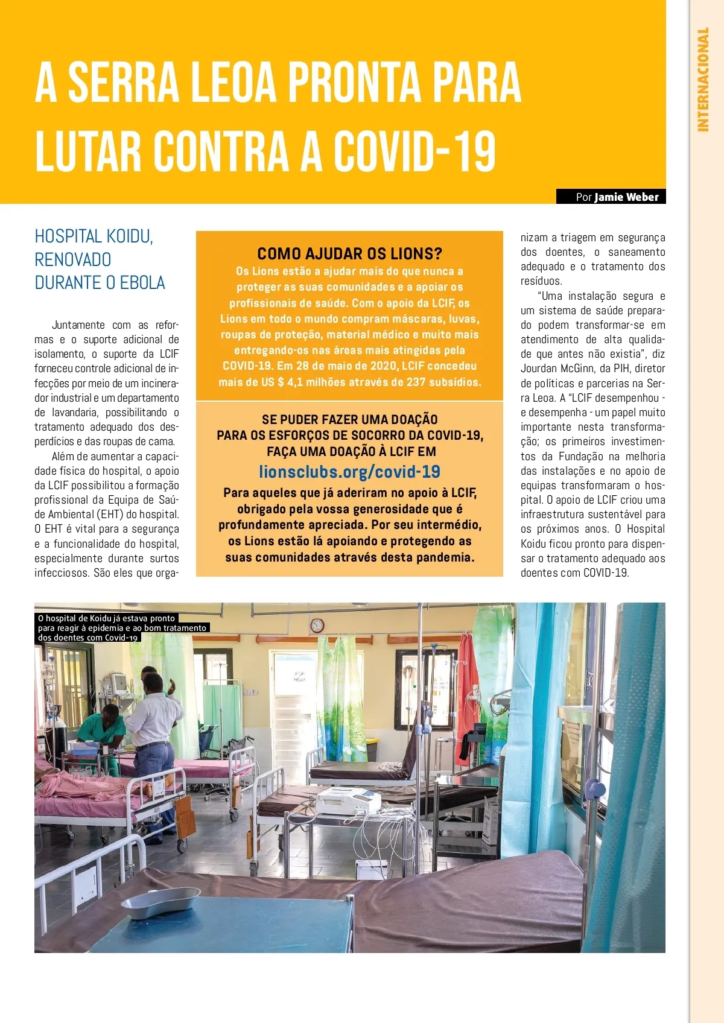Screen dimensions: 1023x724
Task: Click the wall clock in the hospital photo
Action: coord(317,626)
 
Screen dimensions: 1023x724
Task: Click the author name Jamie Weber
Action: coord(626,197)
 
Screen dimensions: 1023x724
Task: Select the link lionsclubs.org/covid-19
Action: coord(349,472)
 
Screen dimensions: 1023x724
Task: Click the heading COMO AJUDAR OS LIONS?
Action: coord(349,253)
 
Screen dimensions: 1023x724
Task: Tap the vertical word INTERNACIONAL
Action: coord(703,79)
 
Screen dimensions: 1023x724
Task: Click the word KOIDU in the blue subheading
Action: coord(128,236)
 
